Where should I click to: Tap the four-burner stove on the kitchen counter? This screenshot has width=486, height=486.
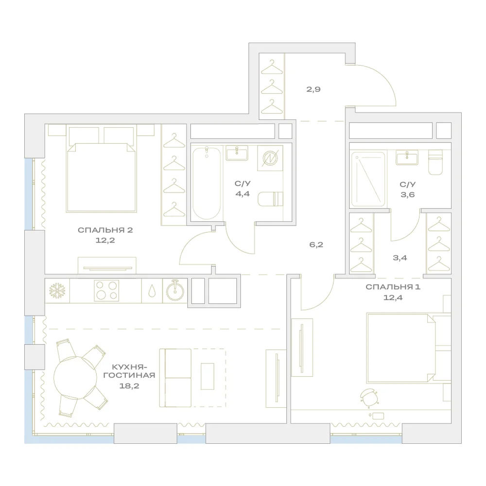[106, 291]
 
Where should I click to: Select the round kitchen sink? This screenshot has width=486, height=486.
[175, 291]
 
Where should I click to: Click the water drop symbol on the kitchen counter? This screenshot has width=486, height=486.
[152, 291]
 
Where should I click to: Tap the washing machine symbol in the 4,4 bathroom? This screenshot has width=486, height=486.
[270, 158]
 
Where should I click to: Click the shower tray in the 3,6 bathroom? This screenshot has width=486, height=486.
[368, 179]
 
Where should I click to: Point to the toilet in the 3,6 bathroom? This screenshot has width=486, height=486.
[435, 162]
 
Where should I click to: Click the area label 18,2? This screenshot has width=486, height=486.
[129, 386]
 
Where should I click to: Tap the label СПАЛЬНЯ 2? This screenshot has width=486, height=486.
[105, 230]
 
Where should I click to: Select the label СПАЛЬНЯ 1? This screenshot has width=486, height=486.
[393, 287]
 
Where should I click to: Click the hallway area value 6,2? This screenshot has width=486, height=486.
[316, 244]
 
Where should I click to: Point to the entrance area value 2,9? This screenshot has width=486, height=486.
[313, 89]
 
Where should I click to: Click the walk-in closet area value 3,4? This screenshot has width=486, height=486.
[400, 258]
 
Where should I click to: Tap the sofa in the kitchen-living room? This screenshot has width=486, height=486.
[175, 378]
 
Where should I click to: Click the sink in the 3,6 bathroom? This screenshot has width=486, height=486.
[407, 157]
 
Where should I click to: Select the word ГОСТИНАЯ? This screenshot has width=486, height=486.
[129, 375]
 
